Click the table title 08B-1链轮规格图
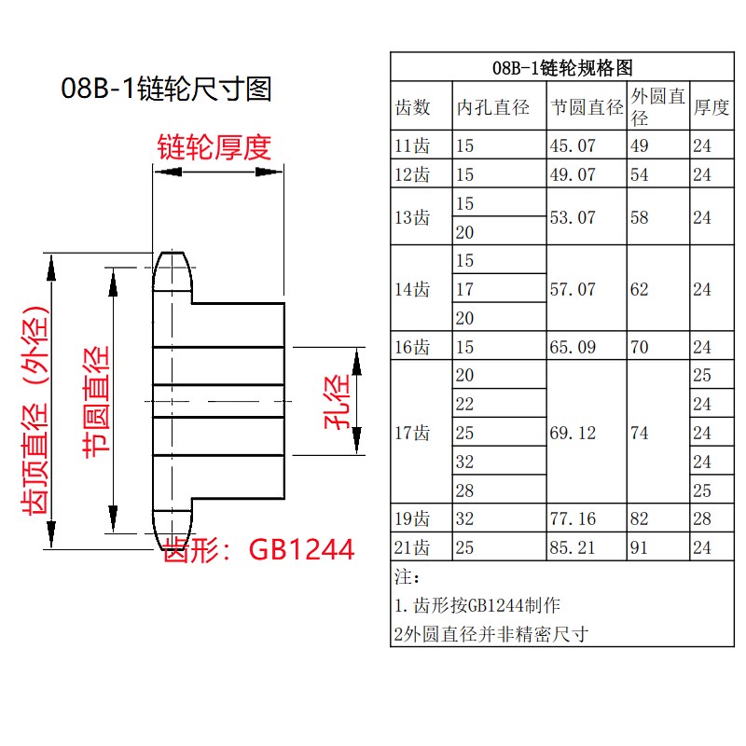point(561,68)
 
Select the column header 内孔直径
point(492,107)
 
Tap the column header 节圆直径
point(587,107)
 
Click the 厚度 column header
point(711,107)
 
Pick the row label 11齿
point(413,145)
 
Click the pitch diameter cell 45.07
point(573,145)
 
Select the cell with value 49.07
point(573,174)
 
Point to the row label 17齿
point(413,434)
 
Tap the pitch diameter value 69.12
point(573,434)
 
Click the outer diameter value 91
point(640,547)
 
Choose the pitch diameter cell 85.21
point(573,547)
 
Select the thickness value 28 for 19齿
point(701,518)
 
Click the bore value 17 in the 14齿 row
point(464,290)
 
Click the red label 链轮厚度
point(214,147)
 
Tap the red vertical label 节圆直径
point(96,401)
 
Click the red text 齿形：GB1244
point(258,550)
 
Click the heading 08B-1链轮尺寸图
point(167,90)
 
